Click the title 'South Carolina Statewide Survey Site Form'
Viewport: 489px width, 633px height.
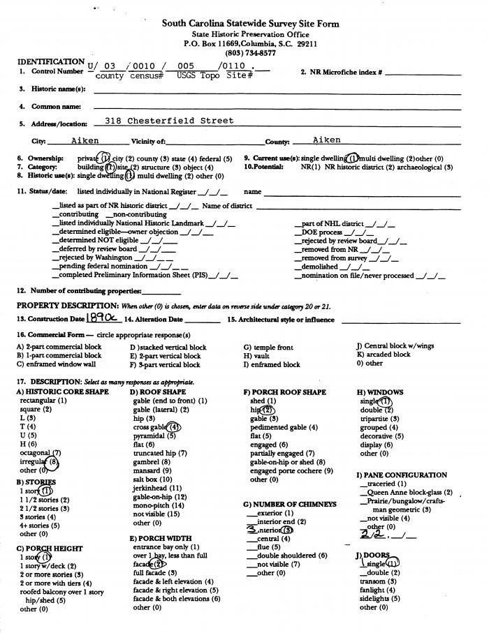coord(250,23)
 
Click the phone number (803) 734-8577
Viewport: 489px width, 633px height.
coord(250,53)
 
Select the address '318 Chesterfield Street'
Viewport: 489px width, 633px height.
coord(169,121)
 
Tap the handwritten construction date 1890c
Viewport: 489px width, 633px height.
coord(103,318)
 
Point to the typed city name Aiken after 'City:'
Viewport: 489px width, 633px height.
coord(85,140)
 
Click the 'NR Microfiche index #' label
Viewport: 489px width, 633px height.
coord(341,72)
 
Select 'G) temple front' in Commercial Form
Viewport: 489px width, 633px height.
coord(268,347)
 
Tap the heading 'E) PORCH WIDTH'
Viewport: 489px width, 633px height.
coord(161,538)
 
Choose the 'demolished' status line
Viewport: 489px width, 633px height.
coord(322,267)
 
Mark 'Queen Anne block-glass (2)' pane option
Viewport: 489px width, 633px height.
coord(409,492)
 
